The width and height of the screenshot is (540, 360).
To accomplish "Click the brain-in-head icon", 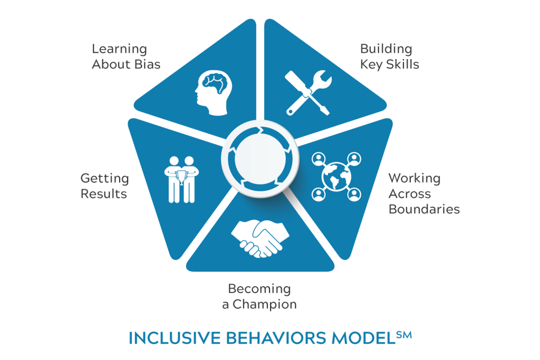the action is pyautogui.click(x=214, y=93).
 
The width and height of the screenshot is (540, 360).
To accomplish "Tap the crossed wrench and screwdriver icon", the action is pyautogui.click(x=308, y=93).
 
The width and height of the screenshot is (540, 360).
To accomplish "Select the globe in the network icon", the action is pyautogui.click(x=336, y=177).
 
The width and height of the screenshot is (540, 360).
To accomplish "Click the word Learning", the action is pyautogui.click(x=120, y=49).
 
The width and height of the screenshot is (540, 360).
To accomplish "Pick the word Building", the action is pyautogui.click(x=386, y=49).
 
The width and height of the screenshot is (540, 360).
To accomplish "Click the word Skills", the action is pyautogui.click(x=402, y=64).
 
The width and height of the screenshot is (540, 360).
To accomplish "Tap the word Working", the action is pyautogui.click(x=414, y=179).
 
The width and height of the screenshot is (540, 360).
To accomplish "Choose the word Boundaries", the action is pyautogui.click(x=424, y=209).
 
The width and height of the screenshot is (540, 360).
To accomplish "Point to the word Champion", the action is pyautogui.click(x=265, y=305).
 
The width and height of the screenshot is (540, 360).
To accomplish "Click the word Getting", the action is pyautogui.click(x=105, y=179).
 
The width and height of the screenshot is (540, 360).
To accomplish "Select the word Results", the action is pyautogui.click(x=104, y=194).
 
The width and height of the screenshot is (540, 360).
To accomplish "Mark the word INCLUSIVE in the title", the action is pyautogui.click(x=175, y=338).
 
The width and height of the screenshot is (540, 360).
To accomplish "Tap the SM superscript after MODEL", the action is pyautogui.click(x=404, y=335).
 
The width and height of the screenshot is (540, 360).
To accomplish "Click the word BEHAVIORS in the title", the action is pyautogui.click(x=276, y=338).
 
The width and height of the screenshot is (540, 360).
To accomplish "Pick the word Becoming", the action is pyautogui.click(x=259, y=289).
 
